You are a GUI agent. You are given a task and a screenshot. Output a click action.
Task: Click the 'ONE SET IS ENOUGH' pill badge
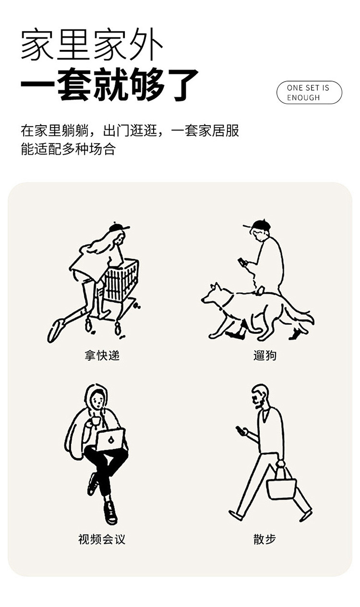coord(309,93)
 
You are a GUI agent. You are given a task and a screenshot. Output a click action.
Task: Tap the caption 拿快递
coord(102,355)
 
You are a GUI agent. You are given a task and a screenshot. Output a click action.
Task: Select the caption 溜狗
coord(265,355)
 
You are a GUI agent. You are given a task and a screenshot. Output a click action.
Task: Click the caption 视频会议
coord(102,539)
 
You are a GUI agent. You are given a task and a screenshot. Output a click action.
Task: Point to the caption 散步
coord(265,539)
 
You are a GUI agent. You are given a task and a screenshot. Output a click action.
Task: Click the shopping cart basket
coord(121,280)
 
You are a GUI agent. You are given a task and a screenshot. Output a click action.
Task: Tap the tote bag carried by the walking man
coord(281,485)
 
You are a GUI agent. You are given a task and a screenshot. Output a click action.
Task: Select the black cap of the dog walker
coord(258,225)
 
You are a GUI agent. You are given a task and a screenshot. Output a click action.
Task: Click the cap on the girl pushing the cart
coord(119,227)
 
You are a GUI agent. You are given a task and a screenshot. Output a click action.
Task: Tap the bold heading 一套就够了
coord(109,84)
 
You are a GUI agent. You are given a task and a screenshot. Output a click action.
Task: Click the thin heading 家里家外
coord(92,44)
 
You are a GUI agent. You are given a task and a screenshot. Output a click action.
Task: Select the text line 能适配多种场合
coord(68,149)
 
